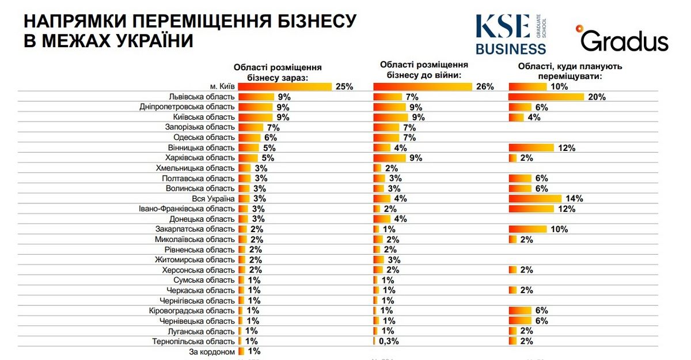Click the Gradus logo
tap(624, 39)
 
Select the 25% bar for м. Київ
tap(285, 86)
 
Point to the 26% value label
tap(485, 86)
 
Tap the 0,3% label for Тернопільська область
tap(389, 341)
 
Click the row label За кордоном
tap(212, 351)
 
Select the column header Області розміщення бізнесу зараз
tap(278, 72)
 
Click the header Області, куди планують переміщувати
tap(570, 71)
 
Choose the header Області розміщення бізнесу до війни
tap(423, 69)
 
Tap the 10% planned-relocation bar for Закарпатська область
tap(527, 229)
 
